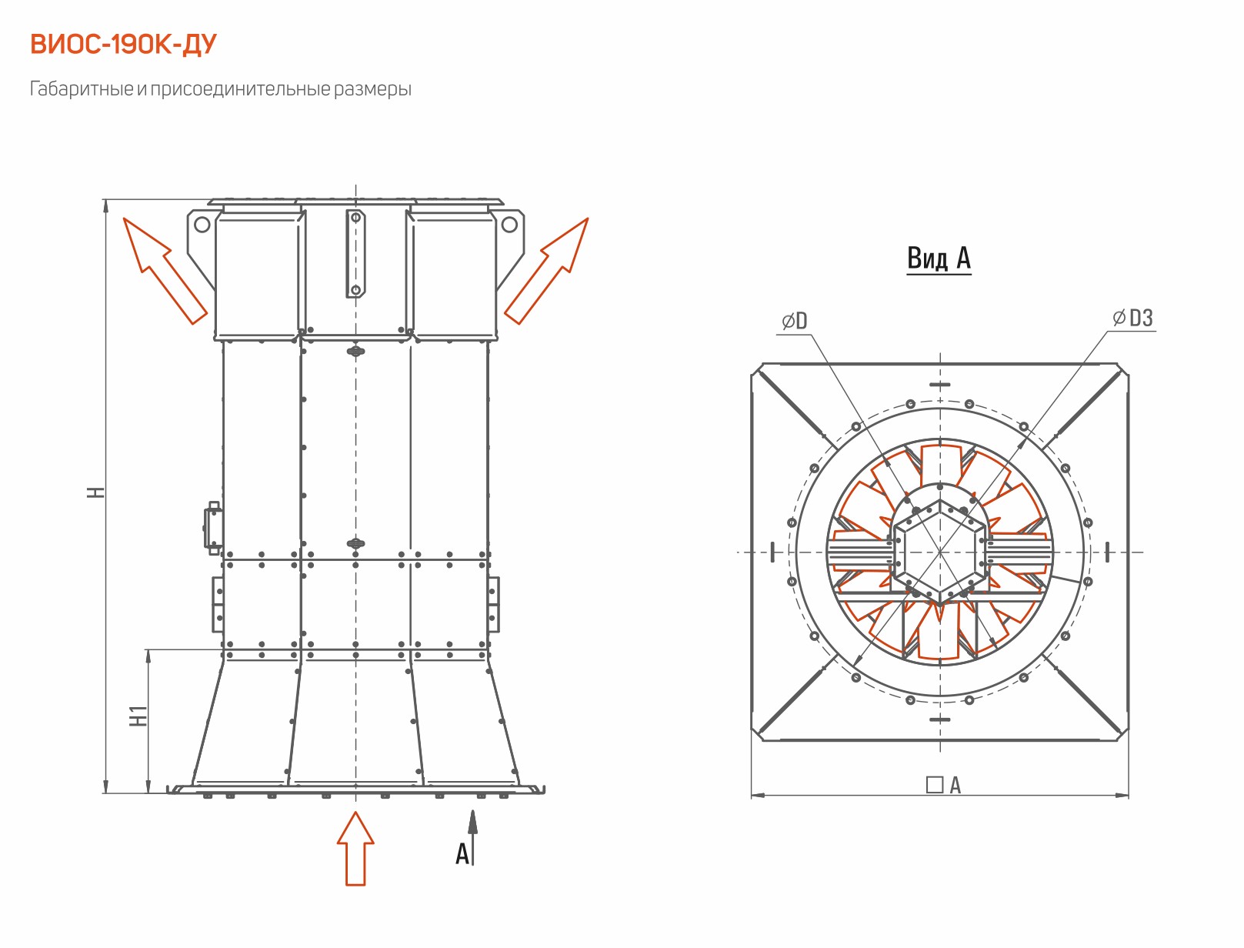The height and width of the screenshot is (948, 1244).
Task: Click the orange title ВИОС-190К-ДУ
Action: coord(123,45)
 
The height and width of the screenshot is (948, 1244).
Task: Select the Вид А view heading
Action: coord(939,259)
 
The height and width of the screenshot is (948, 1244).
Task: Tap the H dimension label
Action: coord(96,492)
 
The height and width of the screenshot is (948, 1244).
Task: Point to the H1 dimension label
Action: coord(138,716)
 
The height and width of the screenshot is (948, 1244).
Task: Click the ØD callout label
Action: coord(795,322)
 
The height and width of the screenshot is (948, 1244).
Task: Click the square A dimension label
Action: coord(943,785)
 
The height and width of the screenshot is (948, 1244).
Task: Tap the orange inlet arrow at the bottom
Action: coord(355,848)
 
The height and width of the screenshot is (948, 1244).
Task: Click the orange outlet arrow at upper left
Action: coord(165,271)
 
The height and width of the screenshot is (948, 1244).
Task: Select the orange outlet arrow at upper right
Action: coord(546,271)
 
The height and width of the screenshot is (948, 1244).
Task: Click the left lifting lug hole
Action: coord(202,225)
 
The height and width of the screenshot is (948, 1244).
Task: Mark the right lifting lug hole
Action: coord(509,225)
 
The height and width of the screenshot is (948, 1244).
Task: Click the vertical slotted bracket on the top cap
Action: coord(355,253)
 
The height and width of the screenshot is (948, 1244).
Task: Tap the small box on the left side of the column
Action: coord(213,528)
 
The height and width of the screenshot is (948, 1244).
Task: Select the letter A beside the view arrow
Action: coord(462,853)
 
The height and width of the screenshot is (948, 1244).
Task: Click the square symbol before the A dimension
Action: coord(934,785)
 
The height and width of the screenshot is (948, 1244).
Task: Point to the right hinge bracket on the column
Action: coord(494,604)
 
